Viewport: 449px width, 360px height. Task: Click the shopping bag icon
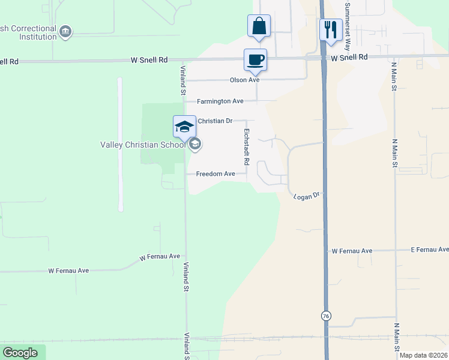tap(259, 26)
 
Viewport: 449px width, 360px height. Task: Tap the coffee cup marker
tap(255, 61)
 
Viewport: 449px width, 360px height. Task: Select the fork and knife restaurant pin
tap(330, 30)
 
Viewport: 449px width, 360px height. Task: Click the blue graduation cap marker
tap(185, 127)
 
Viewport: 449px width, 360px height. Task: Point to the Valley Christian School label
tap(143, 145)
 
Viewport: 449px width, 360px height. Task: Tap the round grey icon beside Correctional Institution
tap(66, 31)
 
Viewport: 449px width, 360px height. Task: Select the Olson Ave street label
tap(244, 80)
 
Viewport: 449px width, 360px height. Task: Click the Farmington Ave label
tap(222, 101)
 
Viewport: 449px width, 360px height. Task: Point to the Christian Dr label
tap(215, 121)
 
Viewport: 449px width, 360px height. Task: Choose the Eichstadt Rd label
tap(246, 146)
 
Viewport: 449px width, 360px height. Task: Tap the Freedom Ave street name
tap(216, 174)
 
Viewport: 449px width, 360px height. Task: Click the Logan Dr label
tap(309, 196)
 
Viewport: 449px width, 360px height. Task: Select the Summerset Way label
tap(347, 21)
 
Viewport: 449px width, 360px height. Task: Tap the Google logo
tap(20, 353)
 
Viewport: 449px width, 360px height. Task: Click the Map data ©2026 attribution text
tap(423, 355)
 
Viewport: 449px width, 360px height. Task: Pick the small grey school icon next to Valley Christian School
tap(194, 144)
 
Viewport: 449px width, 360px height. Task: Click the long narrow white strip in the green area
tap(120, 144)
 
